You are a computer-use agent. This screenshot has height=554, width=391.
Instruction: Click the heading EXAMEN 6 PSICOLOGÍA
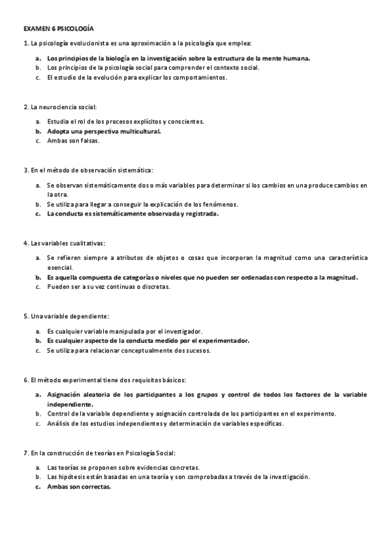[58, 29]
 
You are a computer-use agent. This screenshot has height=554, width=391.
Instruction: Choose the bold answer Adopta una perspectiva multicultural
[104, 131]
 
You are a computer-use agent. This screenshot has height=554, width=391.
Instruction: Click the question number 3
[25, 170]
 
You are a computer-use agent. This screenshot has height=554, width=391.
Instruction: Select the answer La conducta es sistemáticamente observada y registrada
[133, 213]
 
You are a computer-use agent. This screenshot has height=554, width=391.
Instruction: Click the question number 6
[25, 380]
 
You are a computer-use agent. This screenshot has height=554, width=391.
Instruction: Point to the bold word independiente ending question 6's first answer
[71, 404]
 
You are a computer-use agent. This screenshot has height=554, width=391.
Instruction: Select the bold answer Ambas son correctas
[79, 487]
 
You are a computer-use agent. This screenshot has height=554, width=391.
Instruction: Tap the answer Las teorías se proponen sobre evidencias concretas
[123, 468]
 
